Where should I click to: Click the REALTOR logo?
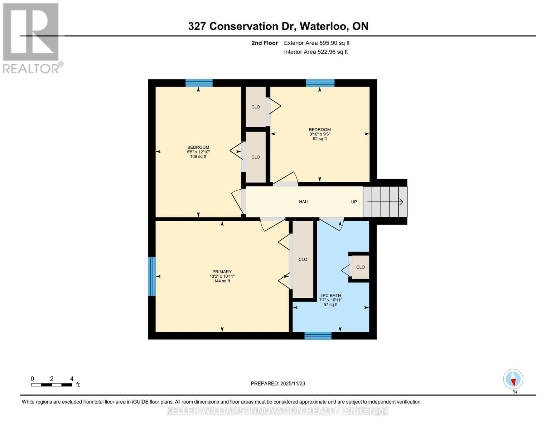coord(32,38)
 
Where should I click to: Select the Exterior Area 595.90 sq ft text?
coord(316,43)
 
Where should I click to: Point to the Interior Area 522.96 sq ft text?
coord(316,52)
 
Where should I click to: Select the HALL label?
coord(304,202)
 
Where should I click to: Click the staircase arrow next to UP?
coord(385,202)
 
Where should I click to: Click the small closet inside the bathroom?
coord(361,267)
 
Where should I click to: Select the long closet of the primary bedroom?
coord(303,259)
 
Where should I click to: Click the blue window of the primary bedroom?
coord(152,276)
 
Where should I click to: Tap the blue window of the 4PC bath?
coord(318,336)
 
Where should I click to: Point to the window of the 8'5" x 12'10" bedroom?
coord(199,83)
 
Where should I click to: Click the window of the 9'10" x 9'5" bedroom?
coord(320,83)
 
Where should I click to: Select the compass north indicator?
coord(513,379)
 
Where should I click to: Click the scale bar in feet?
coord(52,385)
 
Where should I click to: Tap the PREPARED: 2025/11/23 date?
coord(278,383)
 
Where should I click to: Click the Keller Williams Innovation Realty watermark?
coord(278,411)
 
